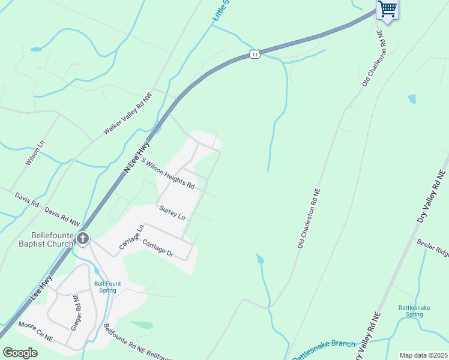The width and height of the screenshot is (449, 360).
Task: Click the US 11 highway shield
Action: click(255, 55)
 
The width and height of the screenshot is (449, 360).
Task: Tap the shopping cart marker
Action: click(388, 10)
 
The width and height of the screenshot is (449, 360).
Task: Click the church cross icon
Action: click(83, 239)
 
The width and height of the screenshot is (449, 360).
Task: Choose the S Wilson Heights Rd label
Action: click(168, 173)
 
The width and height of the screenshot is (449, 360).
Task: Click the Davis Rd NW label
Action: click(62, 217)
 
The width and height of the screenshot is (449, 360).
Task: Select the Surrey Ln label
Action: click(172, 212)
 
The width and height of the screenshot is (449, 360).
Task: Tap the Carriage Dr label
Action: click(158, 248)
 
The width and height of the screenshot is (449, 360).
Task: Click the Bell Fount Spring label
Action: click(105, 287)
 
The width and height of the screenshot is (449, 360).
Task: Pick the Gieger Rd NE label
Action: click(76, 312)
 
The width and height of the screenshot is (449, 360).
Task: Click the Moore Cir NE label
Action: click(35, 332)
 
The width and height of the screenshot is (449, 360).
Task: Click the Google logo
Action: click(20, 353)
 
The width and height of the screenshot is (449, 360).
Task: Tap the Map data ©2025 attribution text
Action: click(423, 355)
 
